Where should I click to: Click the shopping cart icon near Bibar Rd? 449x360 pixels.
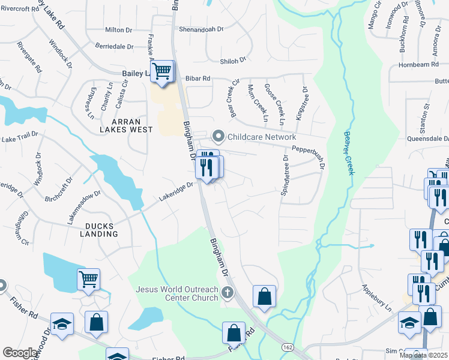coord(162,71)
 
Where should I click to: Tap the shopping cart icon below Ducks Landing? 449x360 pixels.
coord(88,278)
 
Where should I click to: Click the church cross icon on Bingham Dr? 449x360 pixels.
coord(227,293)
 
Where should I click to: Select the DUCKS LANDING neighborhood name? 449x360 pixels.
coord(92,229)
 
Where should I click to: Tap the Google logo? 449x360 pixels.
coord(20,353)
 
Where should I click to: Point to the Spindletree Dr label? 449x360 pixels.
coord(285,176)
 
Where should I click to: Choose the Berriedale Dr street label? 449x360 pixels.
coord(115,46)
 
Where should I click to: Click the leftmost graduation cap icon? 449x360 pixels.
coord(62,323)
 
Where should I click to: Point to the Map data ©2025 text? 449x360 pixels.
coord(424,355)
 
